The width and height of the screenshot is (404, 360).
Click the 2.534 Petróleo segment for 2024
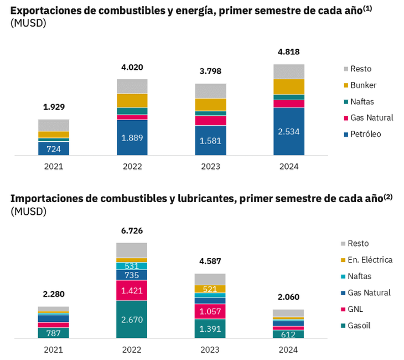coord(289,132)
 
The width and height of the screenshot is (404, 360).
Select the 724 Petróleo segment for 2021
coord(54,148)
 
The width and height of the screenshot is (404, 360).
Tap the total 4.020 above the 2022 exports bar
coord(132,68)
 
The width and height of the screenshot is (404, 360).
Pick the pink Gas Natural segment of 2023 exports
coord(211,120)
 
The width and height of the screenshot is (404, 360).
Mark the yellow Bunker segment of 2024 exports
coord(289,87)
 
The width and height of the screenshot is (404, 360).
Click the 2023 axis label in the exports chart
coord(211,167)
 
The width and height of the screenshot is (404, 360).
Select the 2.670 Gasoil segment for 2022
coord(132,320)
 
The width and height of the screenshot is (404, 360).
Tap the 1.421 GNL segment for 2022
coord(132,290)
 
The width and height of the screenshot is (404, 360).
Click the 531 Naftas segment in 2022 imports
coord(132,266)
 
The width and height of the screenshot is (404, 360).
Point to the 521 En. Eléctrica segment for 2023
coord(210,289)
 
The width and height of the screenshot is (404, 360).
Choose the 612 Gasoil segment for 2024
coord(288,334)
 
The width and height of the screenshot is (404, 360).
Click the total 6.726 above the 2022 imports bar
coord(132,230)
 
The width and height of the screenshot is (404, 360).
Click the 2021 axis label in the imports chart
coord(54,349)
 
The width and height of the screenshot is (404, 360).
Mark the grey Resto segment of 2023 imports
coord(210,279)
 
